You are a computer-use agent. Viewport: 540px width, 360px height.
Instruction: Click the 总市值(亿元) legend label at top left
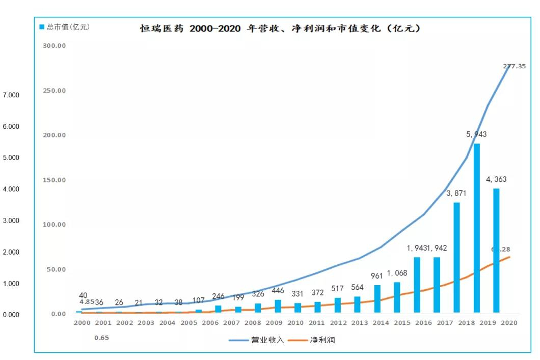tap(64, 27)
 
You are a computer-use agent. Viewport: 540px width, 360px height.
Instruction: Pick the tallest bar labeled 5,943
tap(477, 228)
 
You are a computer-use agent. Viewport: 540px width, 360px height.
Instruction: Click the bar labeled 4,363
tap(496, 250)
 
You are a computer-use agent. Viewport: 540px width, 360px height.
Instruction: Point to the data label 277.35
tap(514, 66)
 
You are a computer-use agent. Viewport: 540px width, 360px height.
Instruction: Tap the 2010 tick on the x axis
tap(295, 323)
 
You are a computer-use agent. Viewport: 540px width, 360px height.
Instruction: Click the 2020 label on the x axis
tap(509, 323)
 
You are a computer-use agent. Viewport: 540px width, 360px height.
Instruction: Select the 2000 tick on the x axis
tap(82, 323)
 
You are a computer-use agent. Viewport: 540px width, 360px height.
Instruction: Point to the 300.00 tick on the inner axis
tap(55, 46)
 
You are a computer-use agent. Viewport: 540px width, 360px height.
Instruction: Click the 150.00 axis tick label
tap(55, 180)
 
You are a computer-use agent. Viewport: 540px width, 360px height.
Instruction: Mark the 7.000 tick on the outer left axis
tap(11, 95)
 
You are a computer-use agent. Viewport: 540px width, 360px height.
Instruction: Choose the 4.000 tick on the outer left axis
tap(11, 189)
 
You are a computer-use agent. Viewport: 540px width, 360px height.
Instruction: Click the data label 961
tap(377, 276)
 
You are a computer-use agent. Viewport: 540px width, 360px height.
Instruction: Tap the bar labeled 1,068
tap(397, 297)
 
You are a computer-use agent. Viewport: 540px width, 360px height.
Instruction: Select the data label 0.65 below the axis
tap(101, 338)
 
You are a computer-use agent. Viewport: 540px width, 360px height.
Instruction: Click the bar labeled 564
tap(357, 304)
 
